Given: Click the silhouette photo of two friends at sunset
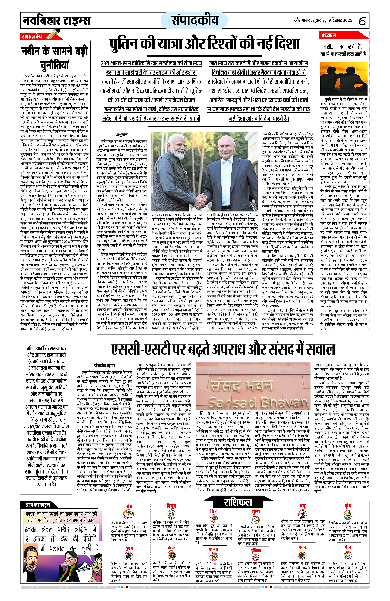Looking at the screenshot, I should coord(344,78).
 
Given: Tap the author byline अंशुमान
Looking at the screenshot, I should coord(122,135).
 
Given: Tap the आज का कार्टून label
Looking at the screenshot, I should coord(37,505).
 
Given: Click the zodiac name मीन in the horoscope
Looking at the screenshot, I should coord(348,547).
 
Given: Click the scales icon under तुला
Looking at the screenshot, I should coord(255,519).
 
